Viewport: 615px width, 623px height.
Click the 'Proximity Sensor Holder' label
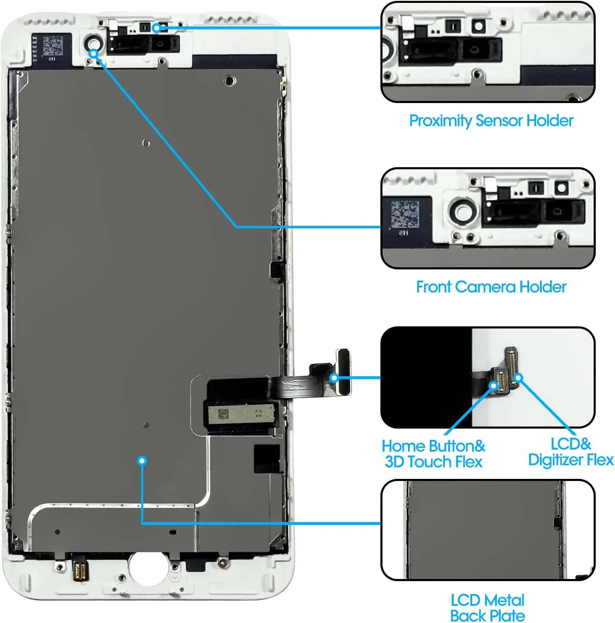point(491,121)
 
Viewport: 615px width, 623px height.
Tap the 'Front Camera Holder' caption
point(491,287)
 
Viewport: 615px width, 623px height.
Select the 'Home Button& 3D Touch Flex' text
point(433,454)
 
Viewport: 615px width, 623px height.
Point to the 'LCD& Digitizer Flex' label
point(570,452)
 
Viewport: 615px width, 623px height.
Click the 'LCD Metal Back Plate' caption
point(487,608)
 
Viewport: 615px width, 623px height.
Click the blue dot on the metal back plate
point(142,461)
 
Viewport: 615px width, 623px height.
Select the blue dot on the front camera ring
point(94,54)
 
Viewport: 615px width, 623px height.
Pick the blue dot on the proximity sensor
point(156,28)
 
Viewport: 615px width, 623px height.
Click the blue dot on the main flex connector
point(334,378)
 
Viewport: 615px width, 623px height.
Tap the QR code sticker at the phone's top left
point(53,46)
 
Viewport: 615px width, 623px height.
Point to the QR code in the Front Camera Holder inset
point(404,214)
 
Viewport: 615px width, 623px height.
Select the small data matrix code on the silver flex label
point(222,414)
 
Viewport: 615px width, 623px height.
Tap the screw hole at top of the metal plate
point(230,80)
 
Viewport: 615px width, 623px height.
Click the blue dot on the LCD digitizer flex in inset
point(518,378)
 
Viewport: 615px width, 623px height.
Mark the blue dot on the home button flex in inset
point(494,385)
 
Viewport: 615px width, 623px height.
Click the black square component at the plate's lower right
point(267,458)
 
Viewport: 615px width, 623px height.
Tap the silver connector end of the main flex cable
point(344,372)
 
